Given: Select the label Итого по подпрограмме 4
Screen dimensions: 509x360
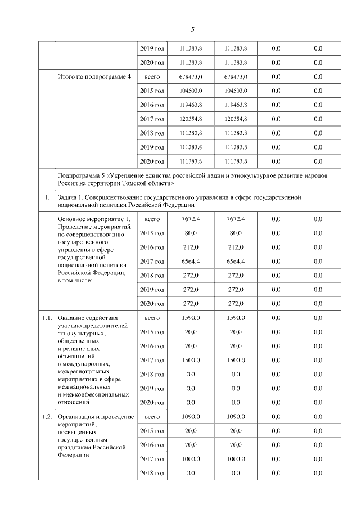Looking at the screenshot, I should pos(94,76).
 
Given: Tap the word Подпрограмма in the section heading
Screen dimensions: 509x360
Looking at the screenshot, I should pos(81,175).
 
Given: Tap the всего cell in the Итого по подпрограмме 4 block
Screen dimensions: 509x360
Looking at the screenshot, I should pos(152,76).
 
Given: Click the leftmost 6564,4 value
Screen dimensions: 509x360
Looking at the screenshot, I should pos(191,261).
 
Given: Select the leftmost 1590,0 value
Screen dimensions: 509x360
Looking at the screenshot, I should pos(191,318).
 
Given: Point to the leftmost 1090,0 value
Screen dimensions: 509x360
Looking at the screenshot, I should pos(191,416).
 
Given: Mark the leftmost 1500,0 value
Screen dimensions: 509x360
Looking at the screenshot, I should pos(191,360).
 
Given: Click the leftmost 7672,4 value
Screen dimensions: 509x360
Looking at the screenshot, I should pos(191,218).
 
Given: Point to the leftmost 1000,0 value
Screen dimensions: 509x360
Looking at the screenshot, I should pos(191,459).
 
